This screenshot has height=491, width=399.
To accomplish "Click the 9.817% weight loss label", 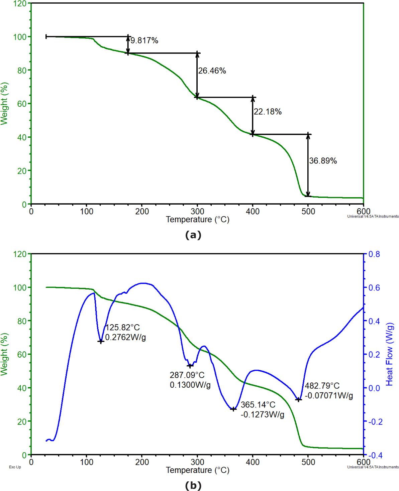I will [144, 41].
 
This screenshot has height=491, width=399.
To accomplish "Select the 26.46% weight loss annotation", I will [212, 71].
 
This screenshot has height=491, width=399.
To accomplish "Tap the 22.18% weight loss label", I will [267, 112].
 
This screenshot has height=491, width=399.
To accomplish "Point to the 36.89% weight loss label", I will [323, 161].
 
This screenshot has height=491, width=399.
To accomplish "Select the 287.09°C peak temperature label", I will [187, 375].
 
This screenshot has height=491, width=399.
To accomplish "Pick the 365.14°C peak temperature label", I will [258, 405].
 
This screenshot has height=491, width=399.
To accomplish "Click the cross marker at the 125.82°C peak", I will [101, 341].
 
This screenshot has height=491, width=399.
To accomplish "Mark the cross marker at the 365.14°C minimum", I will [233, 409].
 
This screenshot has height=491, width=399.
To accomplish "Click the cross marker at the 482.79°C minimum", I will [299, 399].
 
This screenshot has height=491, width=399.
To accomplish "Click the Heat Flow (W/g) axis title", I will [390, 354].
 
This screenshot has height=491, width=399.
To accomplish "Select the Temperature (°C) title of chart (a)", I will [198, 220].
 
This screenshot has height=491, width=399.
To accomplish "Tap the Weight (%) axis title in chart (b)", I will [4, 354].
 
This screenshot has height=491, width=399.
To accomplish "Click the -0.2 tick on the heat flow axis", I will [374, 421].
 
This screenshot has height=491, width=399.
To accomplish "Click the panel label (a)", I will [193, 235].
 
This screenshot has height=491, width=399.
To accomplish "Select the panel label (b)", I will [193, 486].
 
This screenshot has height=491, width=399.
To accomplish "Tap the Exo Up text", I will [15, 467].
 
